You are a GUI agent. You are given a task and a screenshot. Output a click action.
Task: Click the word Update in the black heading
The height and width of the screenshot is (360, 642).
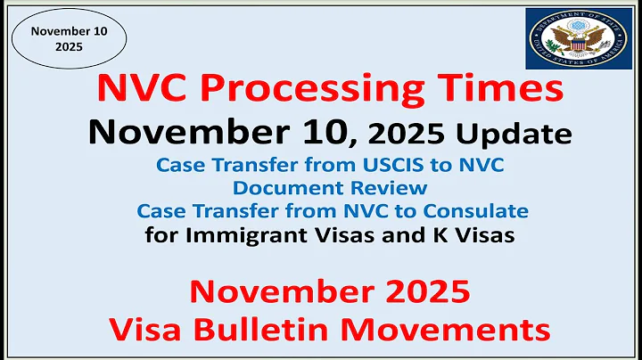click(x=513, y=135)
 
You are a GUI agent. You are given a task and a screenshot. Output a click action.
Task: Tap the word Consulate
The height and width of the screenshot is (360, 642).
click(x=474, y=211)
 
